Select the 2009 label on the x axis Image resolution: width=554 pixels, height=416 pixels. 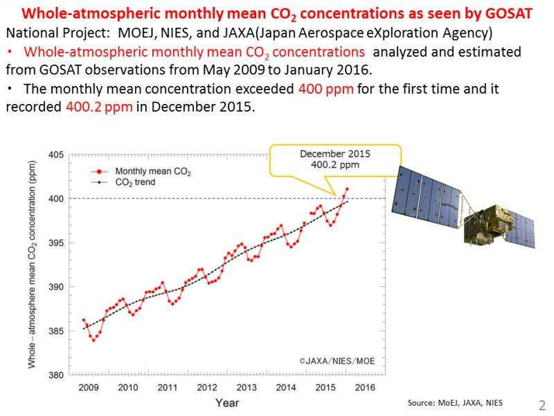(x=88, y=386)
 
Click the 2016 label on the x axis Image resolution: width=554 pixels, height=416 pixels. (x=364, y=386)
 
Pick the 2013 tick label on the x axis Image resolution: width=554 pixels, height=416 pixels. (x=246, y=386)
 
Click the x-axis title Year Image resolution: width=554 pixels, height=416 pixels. (x=227, y=402)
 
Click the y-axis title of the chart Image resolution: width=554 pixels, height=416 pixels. (x=32, y=265)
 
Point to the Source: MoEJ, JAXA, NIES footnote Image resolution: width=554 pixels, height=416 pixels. (x=455, y=403)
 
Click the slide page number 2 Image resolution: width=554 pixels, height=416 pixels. (x=542, y=404)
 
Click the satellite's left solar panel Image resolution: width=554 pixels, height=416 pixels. (x=427, y=192)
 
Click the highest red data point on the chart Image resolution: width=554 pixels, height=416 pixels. (x=347, y=189)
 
